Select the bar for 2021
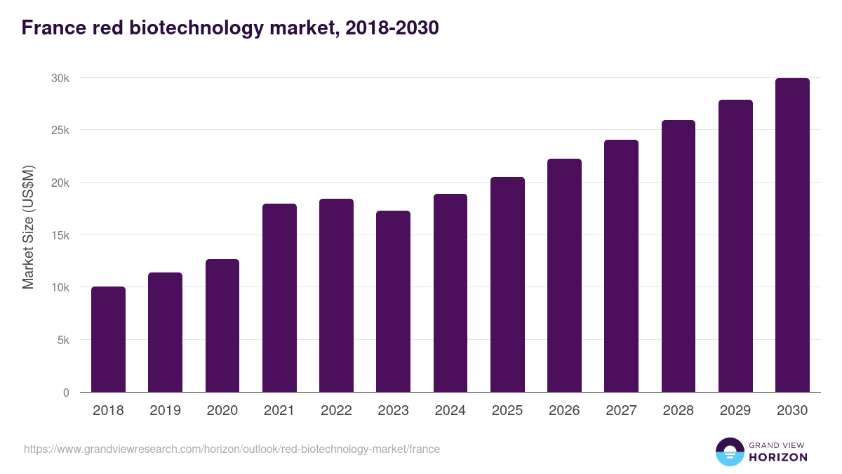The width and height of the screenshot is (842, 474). tap(279, 298)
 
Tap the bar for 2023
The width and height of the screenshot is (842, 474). tap(393, 301)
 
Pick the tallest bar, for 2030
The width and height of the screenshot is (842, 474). tap(792, 235)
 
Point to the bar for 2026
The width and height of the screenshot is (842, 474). tap(564, 275)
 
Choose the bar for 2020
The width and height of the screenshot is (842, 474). tap(222, 326)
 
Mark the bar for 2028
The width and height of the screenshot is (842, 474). tap(678, 256)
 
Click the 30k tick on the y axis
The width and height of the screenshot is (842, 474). tap(60, 78)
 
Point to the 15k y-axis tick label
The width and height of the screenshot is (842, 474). tap(60, 235)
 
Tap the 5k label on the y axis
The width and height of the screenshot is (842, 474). tap(63, 340)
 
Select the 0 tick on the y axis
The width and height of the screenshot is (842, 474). tap(66, 393)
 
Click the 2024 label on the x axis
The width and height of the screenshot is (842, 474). tap(450, 411)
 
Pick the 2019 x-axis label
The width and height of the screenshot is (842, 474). tap(165, 411)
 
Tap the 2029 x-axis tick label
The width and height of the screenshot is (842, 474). tap(735, 411)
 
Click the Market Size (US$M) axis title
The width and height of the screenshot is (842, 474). tap(28, 226)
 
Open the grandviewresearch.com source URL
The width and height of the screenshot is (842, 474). tap(232, 449)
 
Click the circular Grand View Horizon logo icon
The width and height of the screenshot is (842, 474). tap(729, 452)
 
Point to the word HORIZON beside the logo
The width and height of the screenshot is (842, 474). tap(778, 457)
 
